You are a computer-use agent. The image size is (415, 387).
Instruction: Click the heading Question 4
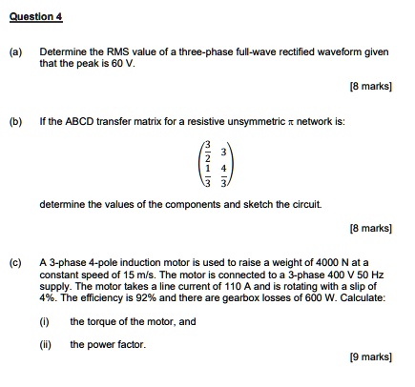(34, 16)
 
